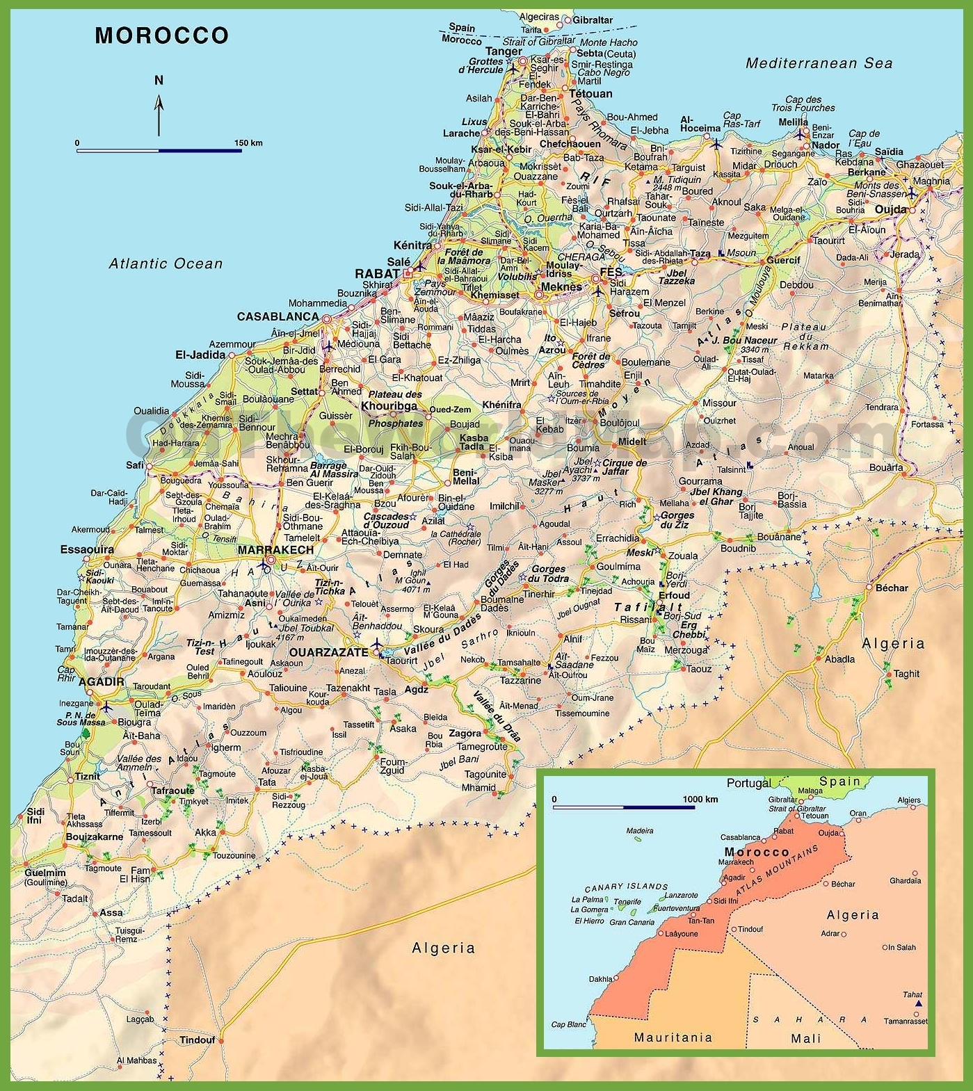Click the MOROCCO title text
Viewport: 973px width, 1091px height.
[x=161, y=35]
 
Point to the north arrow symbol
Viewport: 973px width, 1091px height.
[x=159, y=111]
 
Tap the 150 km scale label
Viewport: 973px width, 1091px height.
[x=248, y=143]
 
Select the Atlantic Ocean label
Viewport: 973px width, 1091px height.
[x=166, y=264]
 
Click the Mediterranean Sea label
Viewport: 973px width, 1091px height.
[x=819, y=63]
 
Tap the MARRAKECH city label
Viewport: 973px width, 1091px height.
[x=275, y=550]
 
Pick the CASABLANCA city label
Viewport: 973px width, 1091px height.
[x=278, y=316]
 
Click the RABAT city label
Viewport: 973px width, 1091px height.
[x=377, y=274]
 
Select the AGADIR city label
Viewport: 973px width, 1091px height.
[x=102, y=682]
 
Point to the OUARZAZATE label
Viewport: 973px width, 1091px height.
[x=328, y=652]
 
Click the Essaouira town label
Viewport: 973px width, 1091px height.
[x=87, y=550]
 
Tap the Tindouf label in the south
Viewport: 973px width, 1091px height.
[x=197, y=1040]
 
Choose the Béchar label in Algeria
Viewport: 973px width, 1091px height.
[x=892, y=588]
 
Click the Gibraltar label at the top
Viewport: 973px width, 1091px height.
[x=593, y=20]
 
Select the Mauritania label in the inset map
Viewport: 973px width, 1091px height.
[x=673, y=1037]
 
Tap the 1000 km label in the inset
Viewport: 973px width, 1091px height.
[x=700, y=799]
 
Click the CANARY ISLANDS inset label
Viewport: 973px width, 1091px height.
[x=626, y=887]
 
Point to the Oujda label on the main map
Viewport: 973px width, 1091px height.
[x=890, y=209]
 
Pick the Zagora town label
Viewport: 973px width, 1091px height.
[x=465, y=734]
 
